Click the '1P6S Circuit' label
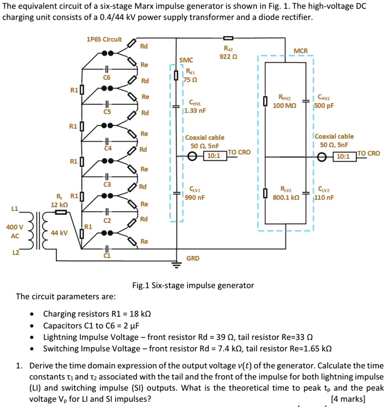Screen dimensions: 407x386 click(x=104, y=39)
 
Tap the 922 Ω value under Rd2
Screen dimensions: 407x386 click(x=228, y=57)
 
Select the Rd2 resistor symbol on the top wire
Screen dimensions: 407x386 click(x=228, y=38)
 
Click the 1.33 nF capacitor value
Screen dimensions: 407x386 click(x=195, y=111)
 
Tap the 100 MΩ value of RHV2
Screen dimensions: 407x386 click(x=284, y=105)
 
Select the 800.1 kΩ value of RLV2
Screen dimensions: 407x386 click(x=286, y=197)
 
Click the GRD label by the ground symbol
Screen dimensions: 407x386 click(x=193, y=258)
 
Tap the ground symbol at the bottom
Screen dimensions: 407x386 click(x=177, y=264)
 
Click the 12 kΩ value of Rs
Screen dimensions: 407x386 click(x=59, y=204)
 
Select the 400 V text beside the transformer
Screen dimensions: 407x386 click(x=15, y=227)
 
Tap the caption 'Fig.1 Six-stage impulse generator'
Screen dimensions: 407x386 click(x=193, y=285)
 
